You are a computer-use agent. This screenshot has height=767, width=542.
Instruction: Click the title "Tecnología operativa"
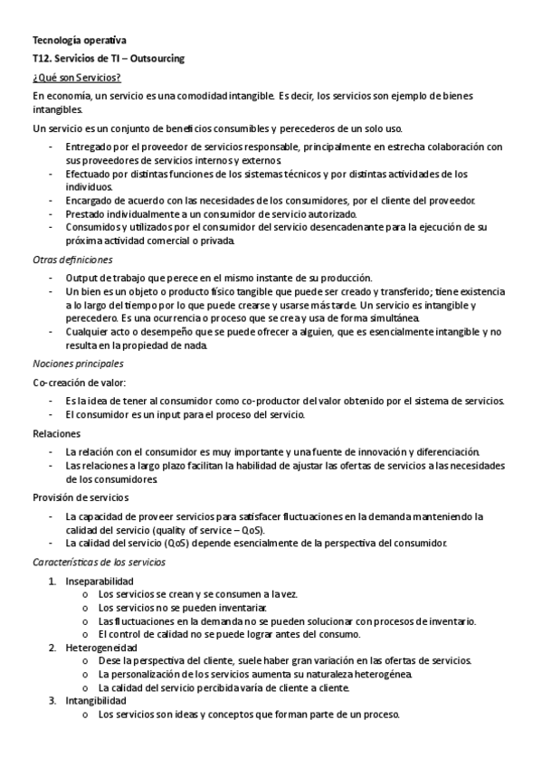80,40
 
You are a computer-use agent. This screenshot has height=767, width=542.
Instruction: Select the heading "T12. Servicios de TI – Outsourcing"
108,58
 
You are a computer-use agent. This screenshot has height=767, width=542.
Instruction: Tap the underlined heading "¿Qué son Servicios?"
76,77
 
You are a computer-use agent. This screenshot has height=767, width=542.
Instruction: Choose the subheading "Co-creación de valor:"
80,383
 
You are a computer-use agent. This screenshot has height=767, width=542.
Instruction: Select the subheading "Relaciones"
56,434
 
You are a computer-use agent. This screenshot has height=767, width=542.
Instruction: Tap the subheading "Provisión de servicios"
81,497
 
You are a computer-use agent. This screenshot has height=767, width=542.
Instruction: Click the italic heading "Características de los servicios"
99,562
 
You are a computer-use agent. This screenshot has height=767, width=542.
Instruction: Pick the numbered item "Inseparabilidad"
99,581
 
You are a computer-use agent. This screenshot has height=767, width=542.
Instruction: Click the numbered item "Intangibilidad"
96,700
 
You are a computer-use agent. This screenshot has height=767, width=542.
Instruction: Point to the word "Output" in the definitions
81,278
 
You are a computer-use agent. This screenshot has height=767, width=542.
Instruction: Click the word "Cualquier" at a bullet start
87,332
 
